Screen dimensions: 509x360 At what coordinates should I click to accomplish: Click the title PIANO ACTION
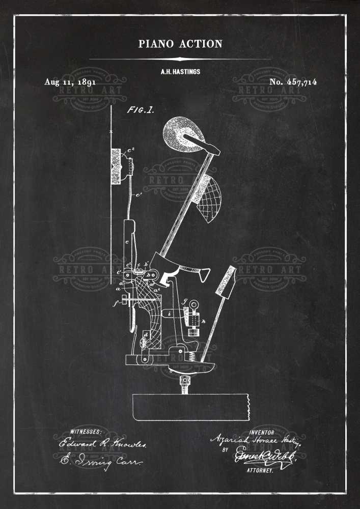180,44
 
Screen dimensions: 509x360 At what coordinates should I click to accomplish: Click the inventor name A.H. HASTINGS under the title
180,72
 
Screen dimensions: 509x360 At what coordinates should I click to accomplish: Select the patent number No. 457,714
293,82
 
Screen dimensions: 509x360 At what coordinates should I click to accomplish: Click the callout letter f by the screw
117,303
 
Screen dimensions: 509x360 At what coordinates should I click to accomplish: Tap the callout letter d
146,334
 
